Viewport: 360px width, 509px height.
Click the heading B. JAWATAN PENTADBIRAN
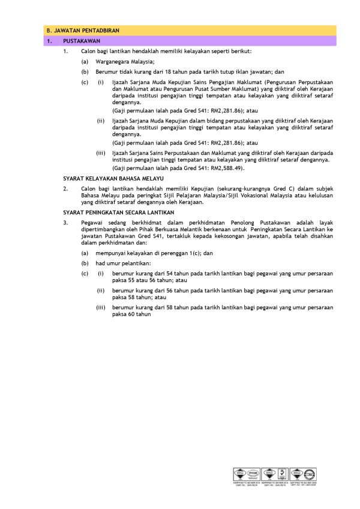pos(76,31)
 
